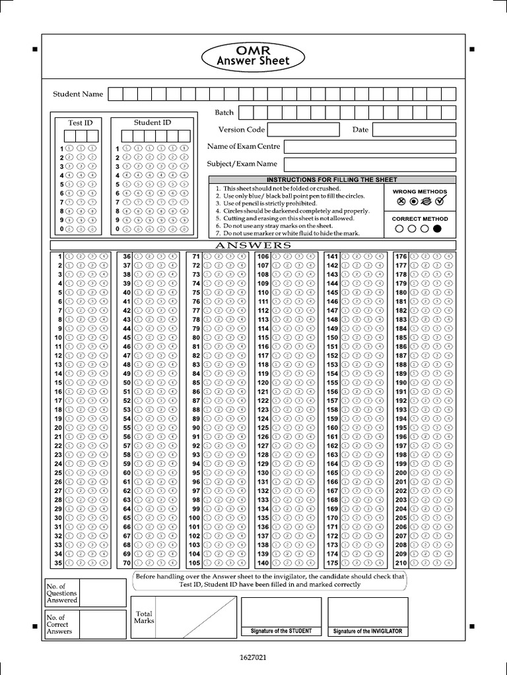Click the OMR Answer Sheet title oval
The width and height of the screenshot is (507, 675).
[253, 55]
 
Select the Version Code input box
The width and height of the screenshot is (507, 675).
[303, 130]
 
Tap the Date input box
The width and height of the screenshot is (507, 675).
[414, 130]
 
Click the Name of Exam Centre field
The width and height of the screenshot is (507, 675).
[370, 146]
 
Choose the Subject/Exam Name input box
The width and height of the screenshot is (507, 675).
[370, 164]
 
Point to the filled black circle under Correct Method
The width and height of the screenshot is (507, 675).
[436, 229]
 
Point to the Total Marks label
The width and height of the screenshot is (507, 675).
[143, 617]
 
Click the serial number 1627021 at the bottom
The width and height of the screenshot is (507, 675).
[253, 657]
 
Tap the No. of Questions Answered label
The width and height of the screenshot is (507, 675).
[61, 593]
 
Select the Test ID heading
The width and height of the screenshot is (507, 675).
[81, 123]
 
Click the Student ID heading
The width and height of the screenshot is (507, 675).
[152, 123]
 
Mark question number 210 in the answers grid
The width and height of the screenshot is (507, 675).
[401, 563]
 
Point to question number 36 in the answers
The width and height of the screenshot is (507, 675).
[127, 256]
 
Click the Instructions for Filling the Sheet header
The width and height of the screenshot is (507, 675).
[331, 180]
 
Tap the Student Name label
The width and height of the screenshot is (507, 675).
[78, 94]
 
